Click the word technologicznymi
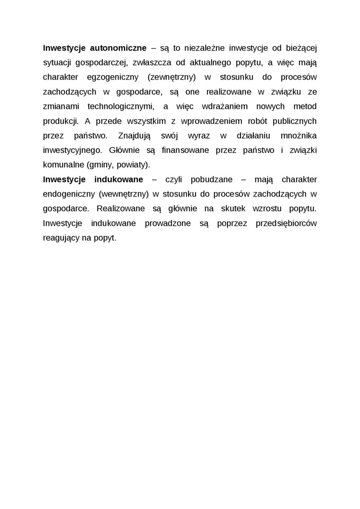121,106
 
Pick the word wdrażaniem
215,106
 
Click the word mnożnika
298,135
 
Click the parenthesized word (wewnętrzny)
124,194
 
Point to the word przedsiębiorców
287,223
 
